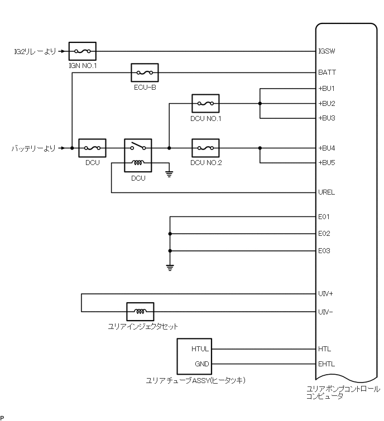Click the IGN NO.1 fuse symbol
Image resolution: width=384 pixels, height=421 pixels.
click(x=83, y=51)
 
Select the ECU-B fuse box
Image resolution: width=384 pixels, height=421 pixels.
click(x=145, y=72)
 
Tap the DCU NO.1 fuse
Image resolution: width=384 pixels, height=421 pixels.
click(x=205, y=103)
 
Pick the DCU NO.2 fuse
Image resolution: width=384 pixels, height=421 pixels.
click(x=205, y=148)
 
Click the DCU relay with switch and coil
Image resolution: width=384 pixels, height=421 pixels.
click(x=138, y=156)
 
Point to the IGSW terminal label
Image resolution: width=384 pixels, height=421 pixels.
click(x=327, y=51)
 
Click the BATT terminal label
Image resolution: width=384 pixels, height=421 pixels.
click(x=327, y=72)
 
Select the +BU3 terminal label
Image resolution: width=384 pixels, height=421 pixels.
click(x=327, y=118)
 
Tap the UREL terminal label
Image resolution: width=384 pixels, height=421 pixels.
click(x=327, y=193)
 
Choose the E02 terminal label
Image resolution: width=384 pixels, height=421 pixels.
click(x=324, y=234)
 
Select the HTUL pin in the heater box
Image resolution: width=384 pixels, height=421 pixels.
click(x=200, y=350)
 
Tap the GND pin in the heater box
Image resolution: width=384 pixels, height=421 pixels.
click(x=201, y=364)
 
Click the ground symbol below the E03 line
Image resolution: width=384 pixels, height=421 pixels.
click(x=170, y=267)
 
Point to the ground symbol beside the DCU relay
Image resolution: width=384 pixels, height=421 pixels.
click(x=169, y=172)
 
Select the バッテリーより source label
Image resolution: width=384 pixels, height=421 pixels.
click(x=33, y=148)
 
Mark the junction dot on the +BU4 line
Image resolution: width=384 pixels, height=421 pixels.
click(x=260, y=148)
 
